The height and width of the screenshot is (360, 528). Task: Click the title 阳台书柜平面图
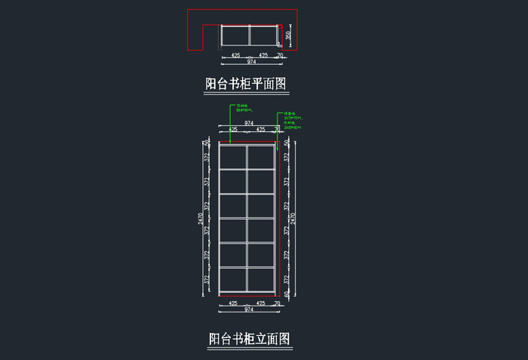tap(247, 84)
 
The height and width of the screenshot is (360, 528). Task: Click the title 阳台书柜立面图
tap(249, 339)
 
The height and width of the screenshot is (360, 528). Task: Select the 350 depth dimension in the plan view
tap(288, 35)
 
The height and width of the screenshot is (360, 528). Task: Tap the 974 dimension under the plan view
tap(251, 62)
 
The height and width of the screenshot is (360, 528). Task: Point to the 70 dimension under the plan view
tap(280, 55)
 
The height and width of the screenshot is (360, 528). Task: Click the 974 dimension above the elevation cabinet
tap(249, 122)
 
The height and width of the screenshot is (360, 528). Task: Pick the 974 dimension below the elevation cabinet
tap(248, 309)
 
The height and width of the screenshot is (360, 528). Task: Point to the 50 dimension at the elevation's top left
tap(207, 143)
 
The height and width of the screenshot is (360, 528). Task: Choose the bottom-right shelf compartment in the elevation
tap(260, 281)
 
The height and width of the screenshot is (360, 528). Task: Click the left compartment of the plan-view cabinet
tap(235, 36)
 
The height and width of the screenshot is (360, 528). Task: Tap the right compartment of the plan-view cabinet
tap(262, 36)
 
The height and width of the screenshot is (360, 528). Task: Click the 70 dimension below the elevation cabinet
tap(277, 303)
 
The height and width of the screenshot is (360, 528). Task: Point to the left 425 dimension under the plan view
tap(235, 55)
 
